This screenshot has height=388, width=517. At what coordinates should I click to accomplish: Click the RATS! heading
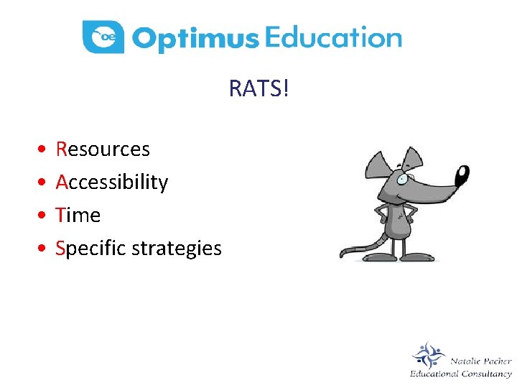click(x=258, y=89)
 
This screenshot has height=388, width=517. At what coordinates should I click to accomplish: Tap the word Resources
click(x=103, y=149)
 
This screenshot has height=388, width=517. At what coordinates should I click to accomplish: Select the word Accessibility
click(x=111, y=183)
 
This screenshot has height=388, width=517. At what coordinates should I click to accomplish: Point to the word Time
click(x=78, y=215)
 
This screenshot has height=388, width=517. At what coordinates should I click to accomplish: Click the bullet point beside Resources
click(x=44, y=149)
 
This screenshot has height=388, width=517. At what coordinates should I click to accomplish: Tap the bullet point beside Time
click(x=44, y=216)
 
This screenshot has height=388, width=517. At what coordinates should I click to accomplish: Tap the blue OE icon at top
click(x=103, y=37)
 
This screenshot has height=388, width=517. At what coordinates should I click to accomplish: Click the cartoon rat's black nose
click(x=462, y=175)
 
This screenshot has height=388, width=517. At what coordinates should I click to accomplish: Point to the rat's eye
click(x=402, y=178)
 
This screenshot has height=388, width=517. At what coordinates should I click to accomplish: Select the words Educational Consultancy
click(x=460, y=374)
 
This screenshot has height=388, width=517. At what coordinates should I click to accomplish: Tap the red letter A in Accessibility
click(x=61, y=183)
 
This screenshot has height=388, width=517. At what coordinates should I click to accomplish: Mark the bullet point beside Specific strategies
click(x=44, y=249)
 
